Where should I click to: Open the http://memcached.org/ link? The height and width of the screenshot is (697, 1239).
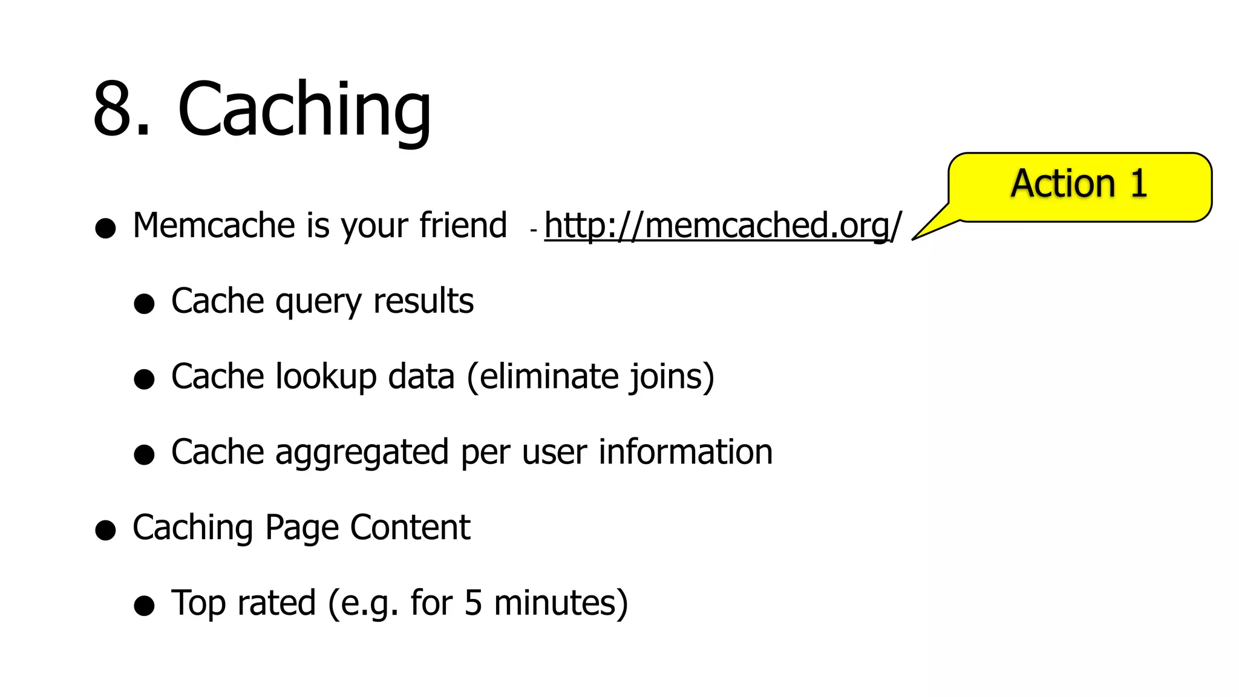[x=722, y=225]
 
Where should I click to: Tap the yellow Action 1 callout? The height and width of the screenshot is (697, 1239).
[x=1079, y=185]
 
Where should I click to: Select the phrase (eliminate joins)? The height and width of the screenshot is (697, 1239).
[x=591, y=376]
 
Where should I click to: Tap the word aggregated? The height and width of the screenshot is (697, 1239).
[x=362, y=453]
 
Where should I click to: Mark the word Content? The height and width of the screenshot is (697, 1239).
[x=410, y=527]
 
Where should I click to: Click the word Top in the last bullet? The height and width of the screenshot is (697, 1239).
[x=198, y=603]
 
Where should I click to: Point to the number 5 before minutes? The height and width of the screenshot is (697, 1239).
[x=473, y=603]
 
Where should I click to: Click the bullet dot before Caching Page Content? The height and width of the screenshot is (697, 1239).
[x=106, y=530]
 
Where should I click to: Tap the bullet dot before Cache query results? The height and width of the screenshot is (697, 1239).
[x=145, y=304]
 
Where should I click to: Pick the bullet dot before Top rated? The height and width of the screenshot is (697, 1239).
[x=145, y=606]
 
